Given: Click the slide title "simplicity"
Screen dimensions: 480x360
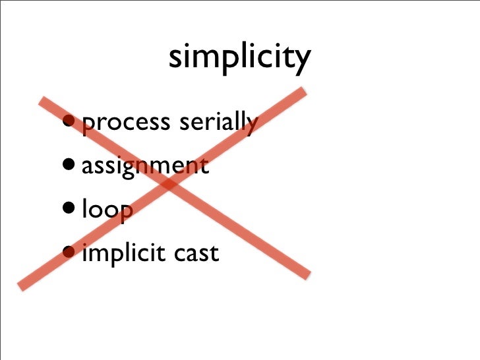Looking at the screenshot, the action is coord(239,58).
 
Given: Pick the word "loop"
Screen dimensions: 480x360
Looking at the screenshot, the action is coord(107,210).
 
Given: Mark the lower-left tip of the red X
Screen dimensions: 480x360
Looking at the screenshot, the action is coord(21,284).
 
